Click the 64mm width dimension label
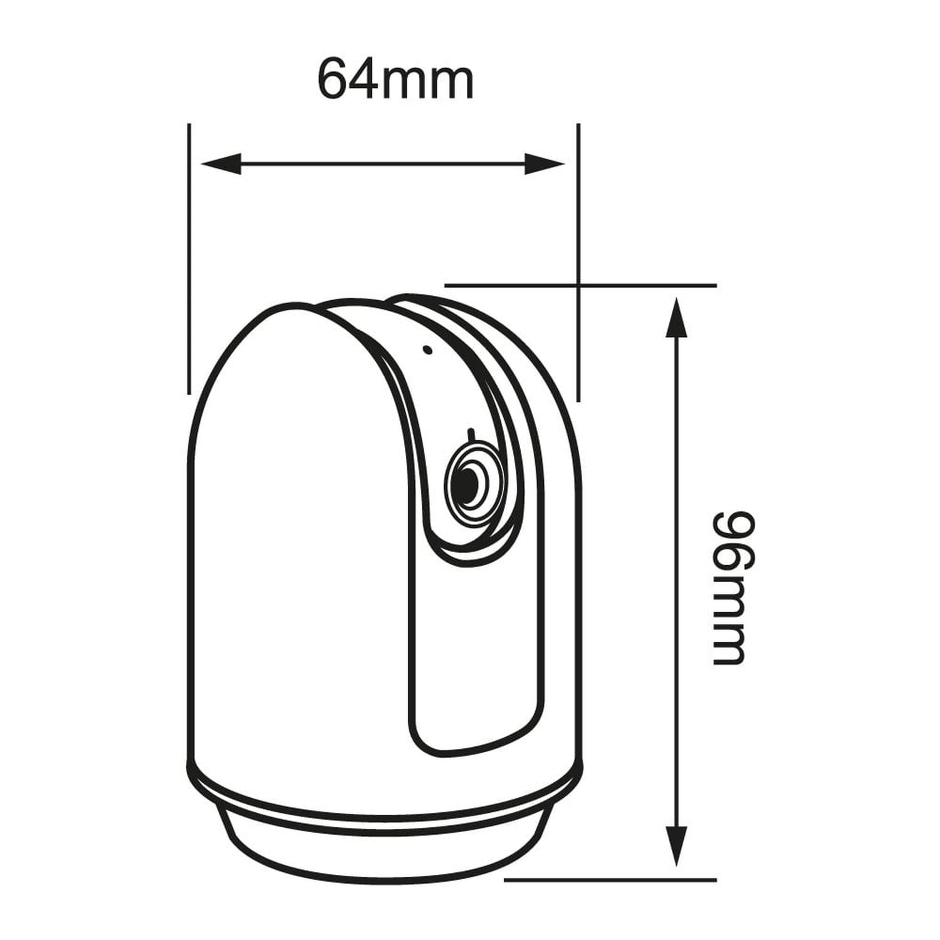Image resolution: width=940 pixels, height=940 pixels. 395,79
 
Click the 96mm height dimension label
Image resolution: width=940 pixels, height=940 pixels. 731,589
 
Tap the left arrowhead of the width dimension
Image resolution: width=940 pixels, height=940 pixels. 221,164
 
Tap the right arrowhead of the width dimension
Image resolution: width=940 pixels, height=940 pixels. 545,164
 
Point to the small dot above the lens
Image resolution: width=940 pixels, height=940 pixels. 427,350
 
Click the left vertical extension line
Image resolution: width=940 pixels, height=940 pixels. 189,259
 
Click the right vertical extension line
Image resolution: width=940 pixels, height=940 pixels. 578,262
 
